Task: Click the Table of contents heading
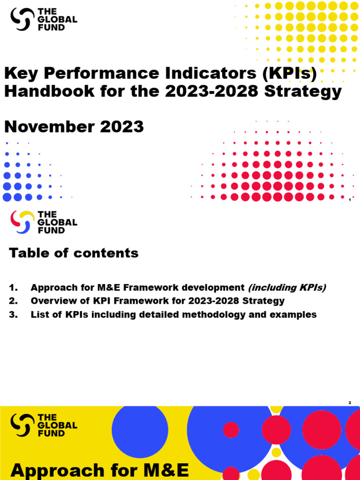[x=74, y=253]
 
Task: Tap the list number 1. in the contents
[x=13, y=287]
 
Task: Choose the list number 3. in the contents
[x=13, y=315]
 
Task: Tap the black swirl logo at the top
[x=22, y=19]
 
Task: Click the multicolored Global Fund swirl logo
[x=22, y=222]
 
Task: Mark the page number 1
[x=350, y=200]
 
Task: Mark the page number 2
[x=350, y=403]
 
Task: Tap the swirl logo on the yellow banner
[x=22, y=425]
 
